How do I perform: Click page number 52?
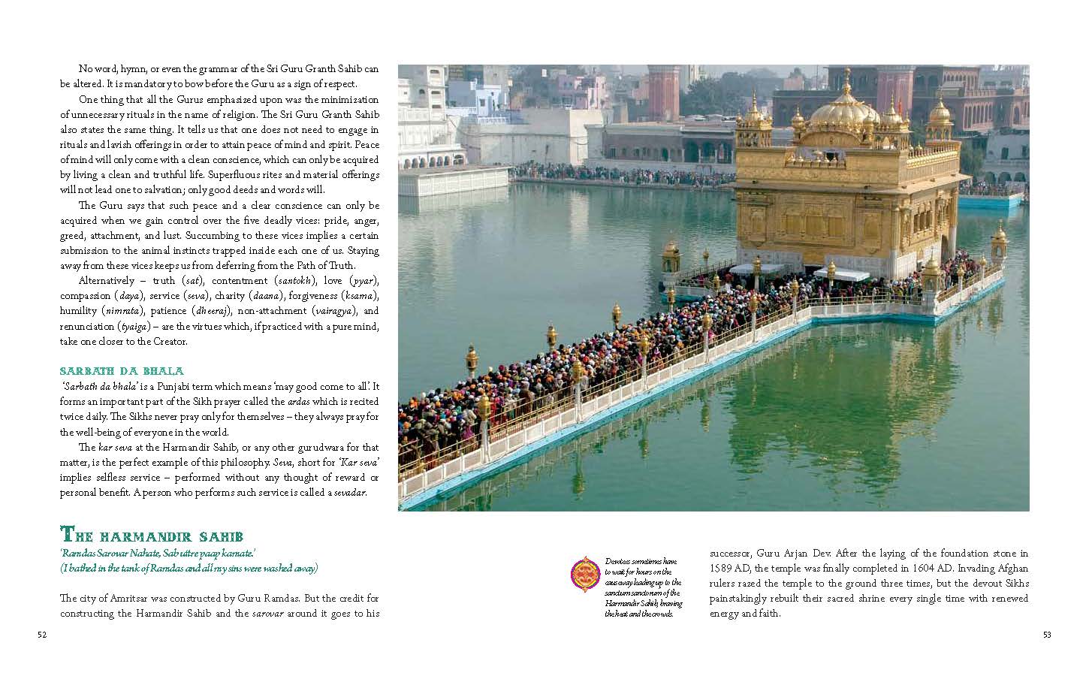tap(42, 635)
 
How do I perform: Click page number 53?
tap(1047, 635)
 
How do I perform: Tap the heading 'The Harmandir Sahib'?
tap(151, 536)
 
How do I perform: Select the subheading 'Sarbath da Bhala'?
tap(121, 371)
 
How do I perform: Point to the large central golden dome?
tap(838, 110)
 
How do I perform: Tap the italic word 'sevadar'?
tap(349, 493)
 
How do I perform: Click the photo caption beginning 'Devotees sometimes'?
tap(643, 587)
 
